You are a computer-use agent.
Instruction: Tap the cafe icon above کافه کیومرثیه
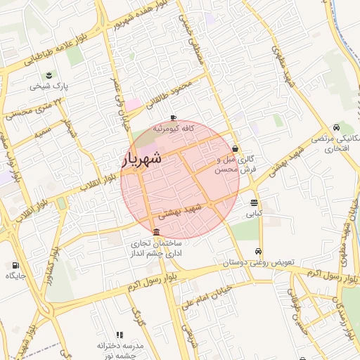click(174, 118)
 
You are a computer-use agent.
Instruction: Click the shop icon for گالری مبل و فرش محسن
click(234, 148)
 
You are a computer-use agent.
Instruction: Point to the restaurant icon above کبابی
click(253, 202)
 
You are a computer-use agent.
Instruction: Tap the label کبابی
click(253, 212)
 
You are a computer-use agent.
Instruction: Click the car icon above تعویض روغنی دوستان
click(259, 252)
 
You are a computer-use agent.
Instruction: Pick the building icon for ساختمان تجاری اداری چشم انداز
click(155, 233)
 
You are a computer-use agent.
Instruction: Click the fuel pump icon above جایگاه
click(15, 266)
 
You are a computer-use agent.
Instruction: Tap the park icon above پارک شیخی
click(49, 75)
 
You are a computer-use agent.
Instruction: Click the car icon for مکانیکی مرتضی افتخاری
click(337, 127)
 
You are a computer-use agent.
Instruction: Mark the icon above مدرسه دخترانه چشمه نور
click(119, 335)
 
